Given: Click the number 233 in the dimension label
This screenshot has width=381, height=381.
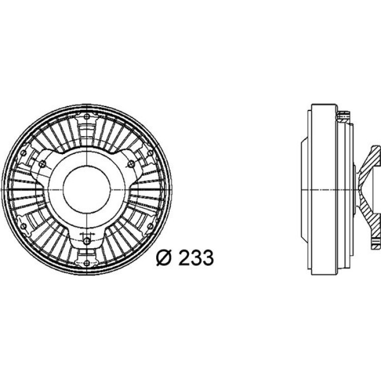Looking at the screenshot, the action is (196, 257).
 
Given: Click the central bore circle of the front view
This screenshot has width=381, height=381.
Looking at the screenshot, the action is (87, 189).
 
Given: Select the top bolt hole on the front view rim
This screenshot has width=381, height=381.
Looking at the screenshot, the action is (87, 116).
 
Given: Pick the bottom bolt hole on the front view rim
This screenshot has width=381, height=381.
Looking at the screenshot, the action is (87, 263).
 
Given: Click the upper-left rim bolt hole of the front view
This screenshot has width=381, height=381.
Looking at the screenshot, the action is (23, 153).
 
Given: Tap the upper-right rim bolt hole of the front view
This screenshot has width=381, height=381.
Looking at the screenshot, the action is (150, 153).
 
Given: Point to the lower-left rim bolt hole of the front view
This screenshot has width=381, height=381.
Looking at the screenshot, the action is (23, 226).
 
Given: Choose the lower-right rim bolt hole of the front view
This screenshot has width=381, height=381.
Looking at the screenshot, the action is (150, 226).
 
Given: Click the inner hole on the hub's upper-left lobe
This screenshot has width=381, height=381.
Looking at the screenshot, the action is (42, 163).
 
